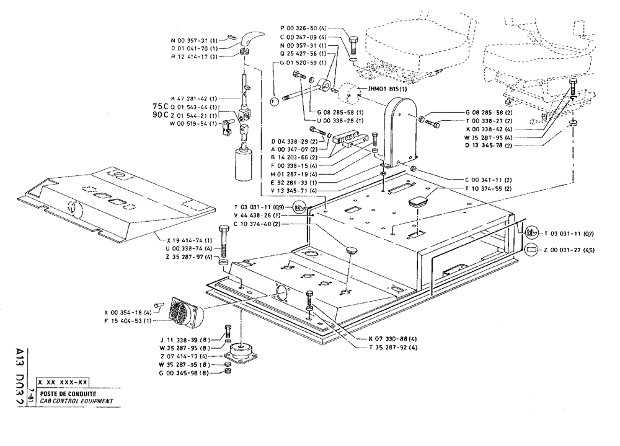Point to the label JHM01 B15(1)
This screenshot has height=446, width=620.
pyautogui.click(x=387, y=89)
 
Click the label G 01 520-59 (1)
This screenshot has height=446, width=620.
pyautogui.click(x=302, y=63)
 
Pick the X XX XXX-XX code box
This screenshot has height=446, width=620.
pyautogui.click(x=63, y=383)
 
